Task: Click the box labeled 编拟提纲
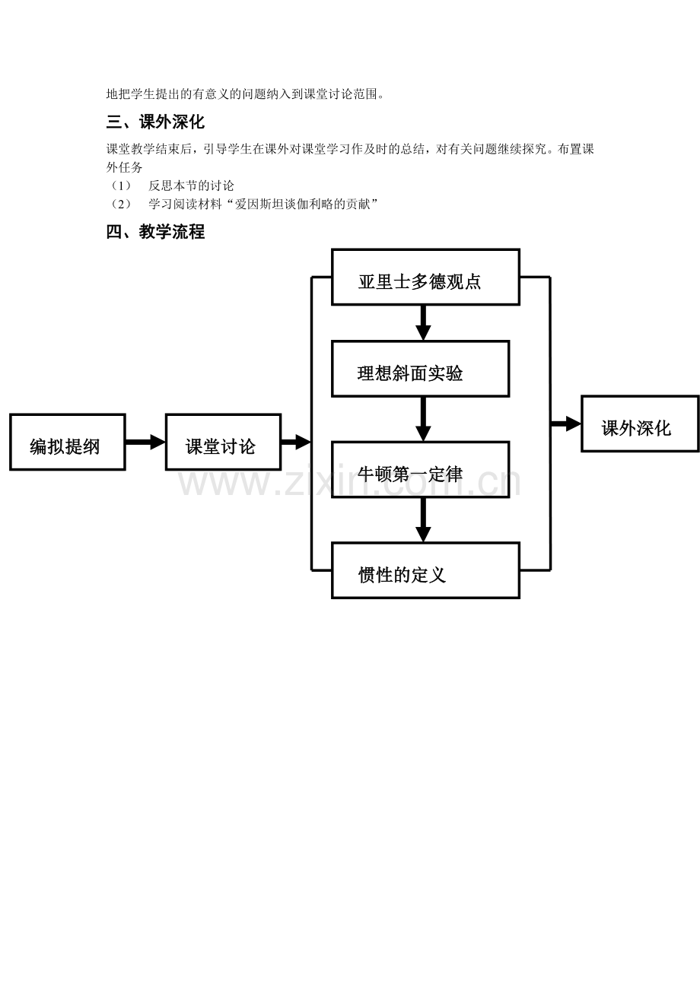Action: (67, 443)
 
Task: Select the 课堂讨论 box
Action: (223, 443)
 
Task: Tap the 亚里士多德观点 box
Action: (425, 278)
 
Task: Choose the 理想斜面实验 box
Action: (420, 369)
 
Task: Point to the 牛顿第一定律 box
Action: (420, 470)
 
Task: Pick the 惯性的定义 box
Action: (425, 570)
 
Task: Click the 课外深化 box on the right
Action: (639, 424)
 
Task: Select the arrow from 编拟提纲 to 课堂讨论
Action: (145, 442)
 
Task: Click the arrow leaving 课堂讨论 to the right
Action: (296, 442)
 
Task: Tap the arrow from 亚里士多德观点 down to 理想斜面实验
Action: (423, 323)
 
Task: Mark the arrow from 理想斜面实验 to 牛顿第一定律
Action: (423, 419)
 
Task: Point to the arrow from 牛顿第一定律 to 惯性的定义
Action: (423, 520)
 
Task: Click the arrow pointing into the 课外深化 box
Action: (565, 424)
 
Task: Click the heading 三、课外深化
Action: (155, 122)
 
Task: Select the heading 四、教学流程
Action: (155, 232)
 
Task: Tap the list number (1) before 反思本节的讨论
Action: (120, 186)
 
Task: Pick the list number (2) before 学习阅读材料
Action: (120, 204)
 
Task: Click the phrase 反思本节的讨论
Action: (192, 186)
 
